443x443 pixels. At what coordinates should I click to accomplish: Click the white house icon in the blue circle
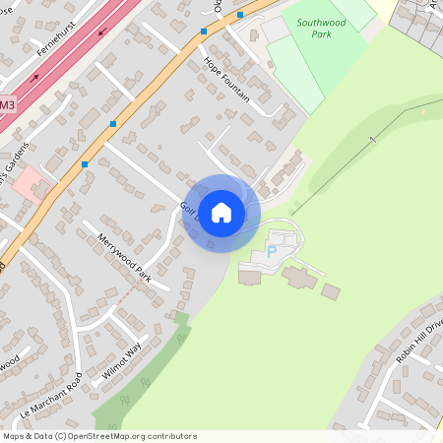[x=221, y=213]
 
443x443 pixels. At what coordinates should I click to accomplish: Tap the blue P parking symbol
[x=272, y=253]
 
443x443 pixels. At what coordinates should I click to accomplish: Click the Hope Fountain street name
[x=226, y=79]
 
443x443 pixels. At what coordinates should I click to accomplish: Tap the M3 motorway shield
[x=7, y=103]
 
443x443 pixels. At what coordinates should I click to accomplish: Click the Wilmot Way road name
[x=122, y=362]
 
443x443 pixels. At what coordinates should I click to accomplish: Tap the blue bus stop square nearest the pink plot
[x=85, y=163]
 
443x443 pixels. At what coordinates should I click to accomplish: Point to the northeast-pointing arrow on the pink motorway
[x=35, y=77]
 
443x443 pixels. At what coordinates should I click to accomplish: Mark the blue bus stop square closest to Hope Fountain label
[x=204, y=32]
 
